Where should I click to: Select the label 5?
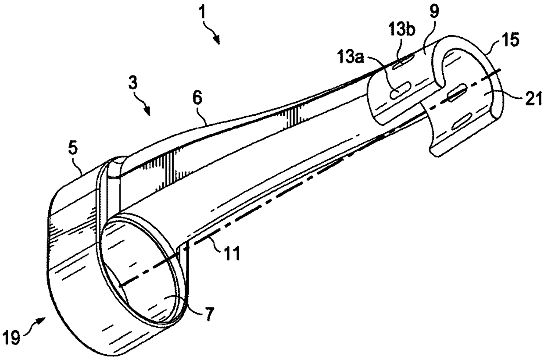[x=73, y=148]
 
